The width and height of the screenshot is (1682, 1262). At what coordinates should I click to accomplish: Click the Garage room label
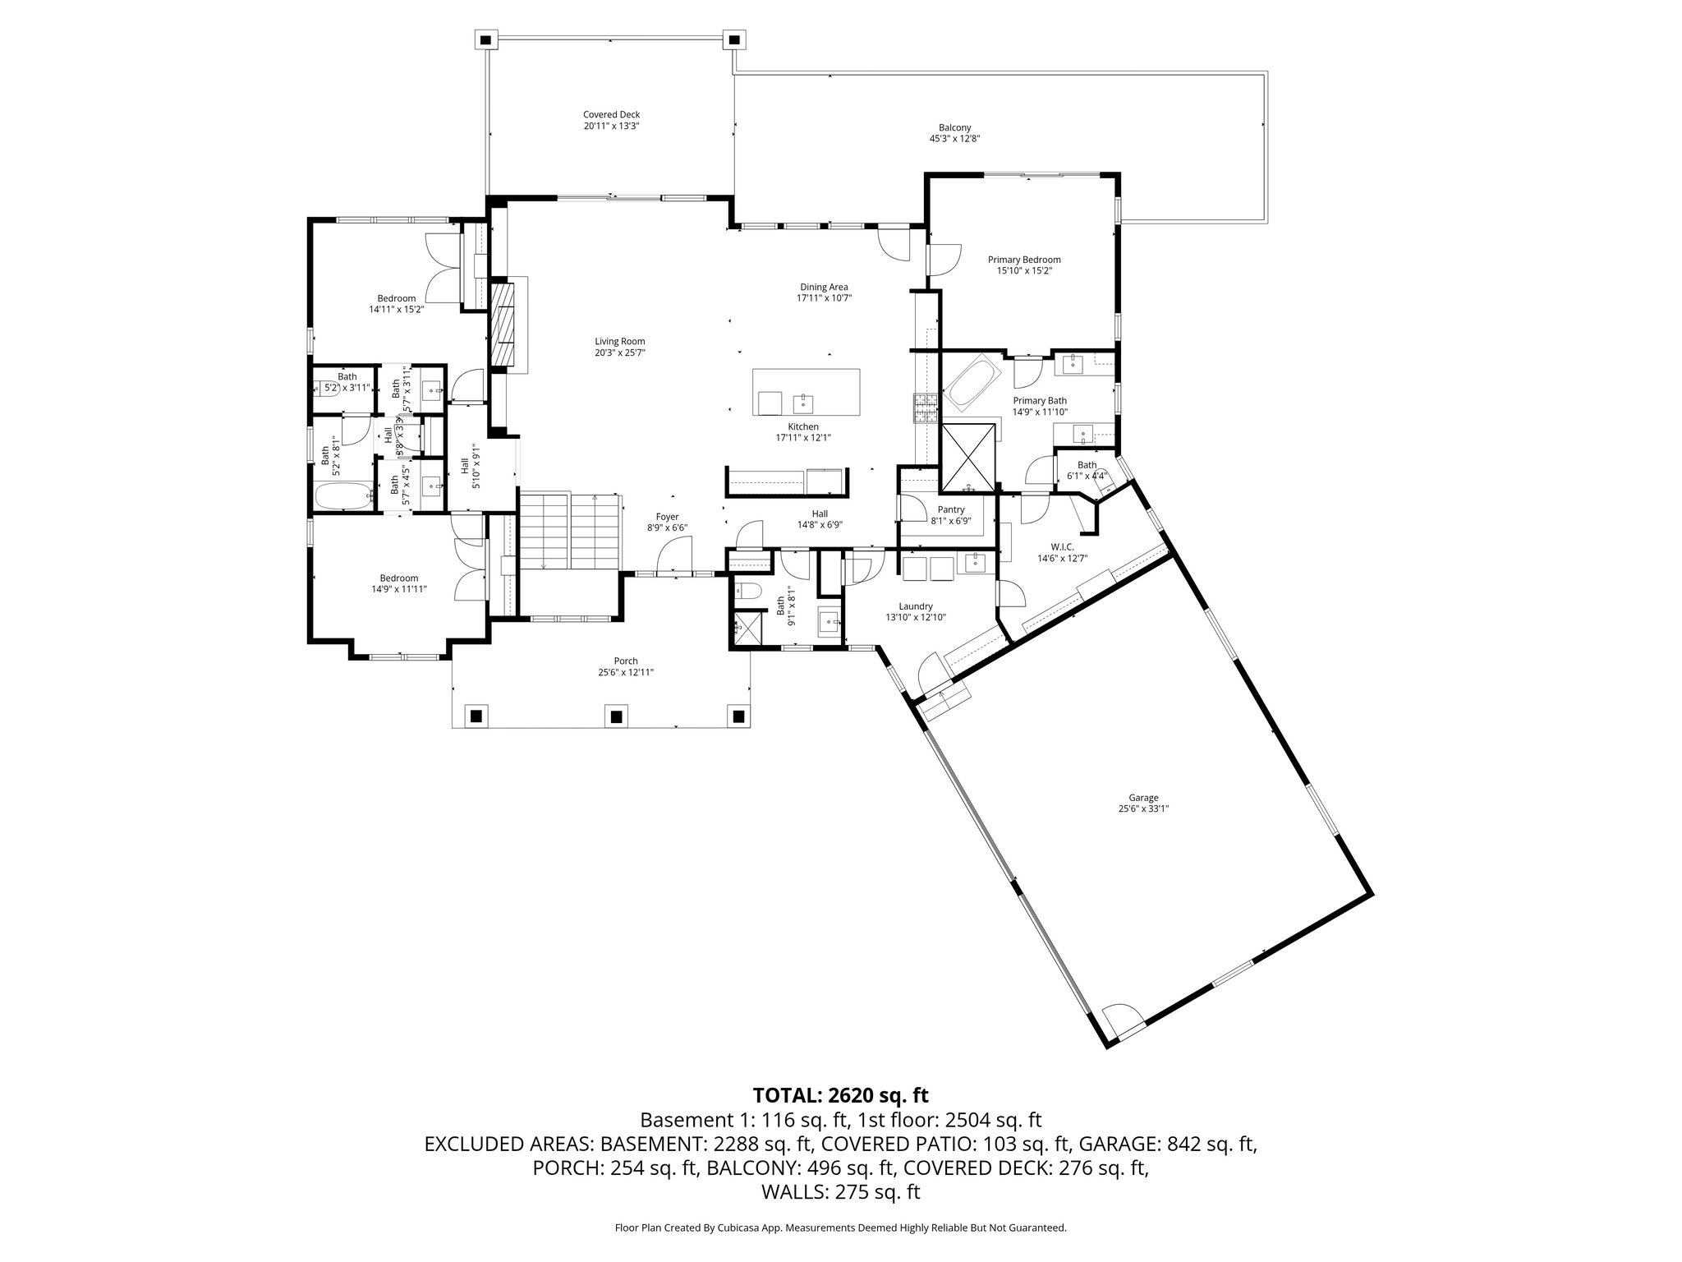pyautogui.click(x=1143, y=798)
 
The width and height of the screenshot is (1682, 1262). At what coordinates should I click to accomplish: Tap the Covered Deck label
pyautogui.click(x=611, y=115)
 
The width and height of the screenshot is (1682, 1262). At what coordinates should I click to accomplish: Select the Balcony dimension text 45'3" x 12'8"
pyautogui.click(x=955, y=139)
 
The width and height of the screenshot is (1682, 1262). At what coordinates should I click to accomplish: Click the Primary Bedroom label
pyautogui.click(x=1023, y=260)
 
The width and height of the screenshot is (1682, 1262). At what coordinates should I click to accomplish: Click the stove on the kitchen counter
pyautogui.click(x=926, y=408)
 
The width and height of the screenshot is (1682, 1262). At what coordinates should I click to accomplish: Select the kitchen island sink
pyautogui.click(x=802, y=403)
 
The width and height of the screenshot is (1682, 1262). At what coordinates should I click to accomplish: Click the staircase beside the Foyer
pyautogui.click(x=570, y=531)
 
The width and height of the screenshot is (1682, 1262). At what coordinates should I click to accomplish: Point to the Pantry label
pyautogui.click(x=951, y=509)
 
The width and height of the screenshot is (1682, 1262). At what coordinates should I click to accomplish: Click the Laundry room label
pyautogui.click(x=916, y=606)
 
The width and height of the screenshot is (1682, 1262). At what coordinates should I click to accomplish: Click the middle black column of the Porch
pyautogui.click(x=614, y=716)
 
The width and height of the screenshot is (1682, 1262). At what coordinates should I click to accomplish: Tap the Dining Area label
pyautogui.click(x=824, y=287)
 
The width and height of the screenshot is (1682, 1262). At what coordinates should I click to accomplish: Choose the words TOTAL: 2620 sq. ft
pyautogui.click(x=840, y=1095)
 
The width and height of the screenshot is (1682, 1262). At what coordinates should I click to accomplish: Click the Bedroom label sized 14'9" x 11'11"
pyautogui.click(x=398, y=578)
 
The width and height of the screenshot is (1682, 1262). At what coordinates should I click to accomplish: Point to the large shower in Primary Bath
pyautogui.click(x=968, y=457)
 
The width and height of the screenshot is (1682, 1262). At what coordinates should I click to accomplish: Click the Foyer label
pyautogui.click(x=667, y=517)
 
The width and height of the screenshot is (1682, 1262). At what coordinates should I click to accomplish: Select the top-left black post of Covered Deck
pyautogui.click(x=487, y=39)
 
